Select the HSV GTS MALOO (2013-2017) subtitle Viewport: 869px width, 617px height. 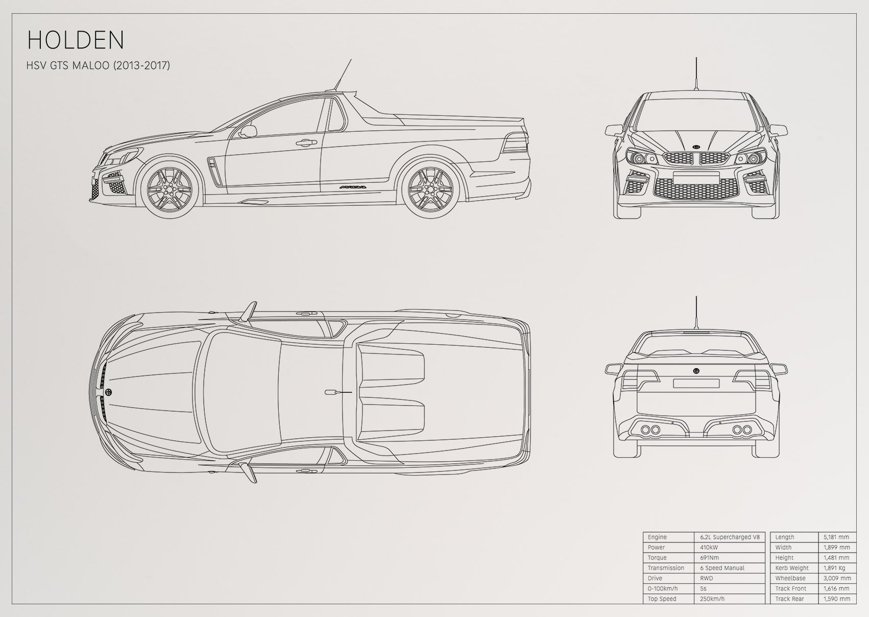[x=98, y=65]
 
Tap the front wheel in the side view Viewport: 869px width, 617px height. [x=169, y=188]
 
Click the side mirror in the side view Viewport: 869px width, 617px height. [x=248, y=131]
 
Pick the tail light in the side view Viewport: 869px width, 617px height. [x=515, y=143]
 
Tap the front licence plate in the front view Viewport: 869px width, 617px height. [x=696, y=178]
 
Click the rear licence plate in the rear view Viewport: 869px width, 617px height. [x=696, y=384]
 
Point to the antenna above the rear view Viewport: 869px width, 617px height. [x=696, y=314]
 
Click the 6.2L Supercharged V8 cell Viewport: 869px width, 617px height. [x=730, y=537]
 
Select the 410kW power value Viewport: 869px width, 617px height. [x=709, y=548]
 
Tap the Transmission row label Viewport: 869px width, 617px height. [x=666, y=568]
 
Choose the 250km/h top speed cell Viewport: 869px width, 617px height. [x=712, y=599]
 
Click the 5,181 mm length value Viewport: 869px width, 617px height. [x=836, y=537]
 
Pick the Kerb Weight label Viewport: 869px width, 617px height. [x=792, y=568]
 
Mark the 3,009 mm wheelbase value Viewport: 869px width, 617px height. [x=837, y=578]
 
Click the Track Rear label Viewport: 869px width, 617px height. [x=789, y=599]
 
